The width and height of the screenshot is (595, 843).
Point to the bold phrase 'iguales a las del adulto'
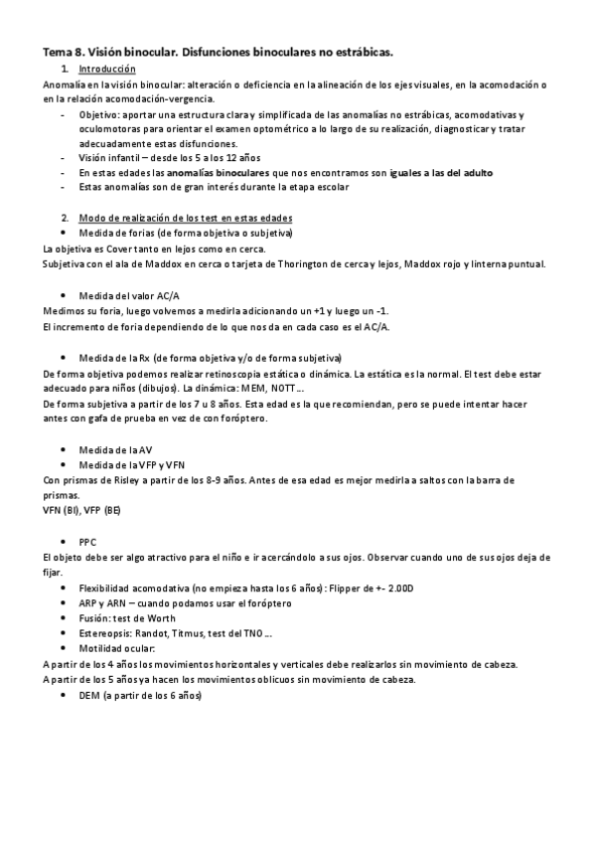click(x=442, y=172)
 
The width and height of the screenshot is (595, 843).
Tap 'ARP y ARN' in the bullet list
click(x=102, y=603)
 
